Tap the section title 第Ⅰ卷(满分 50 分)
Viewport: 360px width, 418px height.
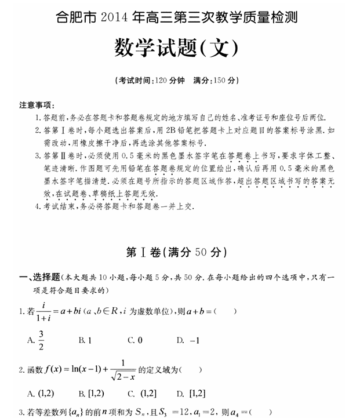(177, 253)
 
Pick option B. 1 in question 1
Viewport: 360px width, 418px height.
(85, 340)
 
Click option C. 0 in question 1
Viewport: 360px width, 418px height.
(135, 340)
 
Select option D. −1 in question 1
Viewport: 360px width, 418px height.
(188, 340)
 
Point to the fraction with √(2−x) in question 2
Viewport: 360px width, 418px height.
(126, 370)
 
